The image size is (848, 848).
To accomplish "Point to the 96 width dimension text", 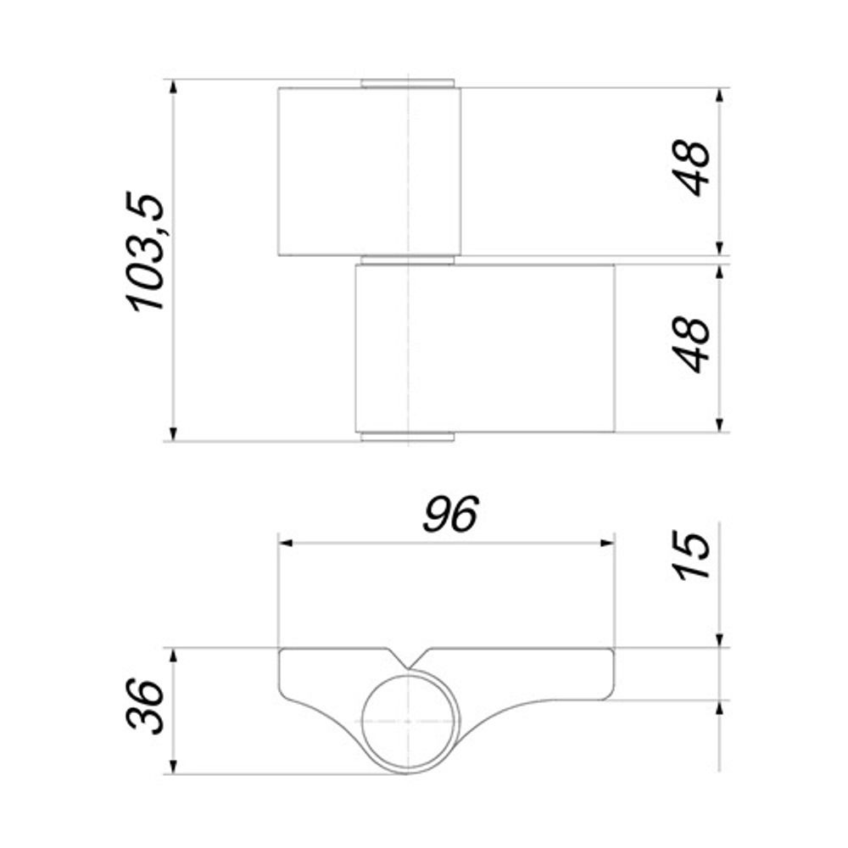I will pos(451,515).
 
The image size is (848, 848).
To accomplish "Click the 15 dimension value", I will pos(695,556).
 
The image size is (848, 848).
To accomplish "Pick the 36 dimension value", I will pos(146,706).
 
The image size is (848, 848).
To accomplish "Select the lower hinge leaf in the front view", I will pos(484,349).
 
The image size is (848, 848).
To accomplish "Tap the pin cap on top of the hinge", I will pos(409,83).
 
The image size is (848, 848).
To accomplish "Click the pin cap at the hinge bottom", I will pos(409,438).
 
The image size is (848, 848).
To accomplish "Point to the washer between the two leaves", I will pos(409,259).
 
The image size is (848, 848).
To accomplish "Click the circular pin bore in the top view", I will pos(409,722).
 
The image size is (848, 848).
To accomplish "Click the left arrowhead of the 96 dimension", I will pos(287,543).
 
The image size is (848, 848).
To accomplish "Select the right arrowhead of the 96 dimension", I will pos(607,543).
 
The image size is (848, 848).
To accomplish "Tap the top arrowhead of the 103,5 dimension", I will pos(173,87).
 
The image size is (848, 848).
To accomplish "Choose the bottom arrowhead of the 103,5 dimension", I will pos(173,434).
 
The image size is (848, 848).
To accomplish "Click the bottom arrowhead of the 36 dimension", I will pos(173,767).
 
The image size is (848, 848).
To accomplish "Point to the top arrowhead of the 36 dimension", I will pos(173,656).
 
